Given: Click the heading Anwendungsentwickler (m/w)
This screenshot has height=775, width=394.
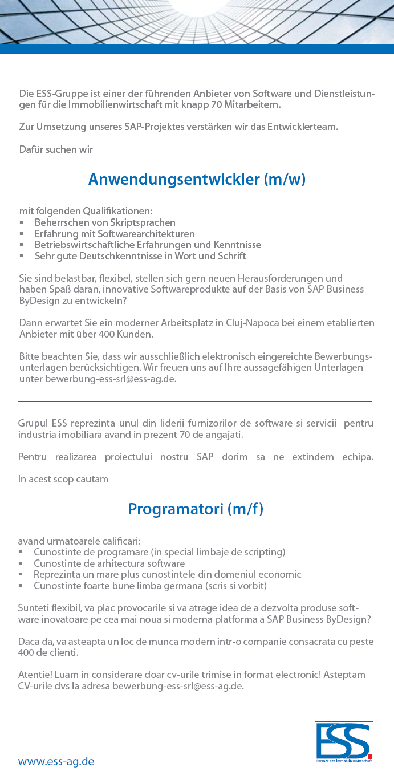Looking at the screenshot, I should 197,180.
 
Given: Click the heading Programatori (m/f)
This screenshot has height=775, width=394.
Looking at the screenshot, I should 196,509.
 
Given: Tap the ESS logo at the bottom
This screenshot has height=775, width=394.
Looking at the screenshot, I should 344,743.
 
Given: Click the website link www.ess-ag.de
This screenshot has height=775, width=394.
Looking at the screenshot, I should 56,761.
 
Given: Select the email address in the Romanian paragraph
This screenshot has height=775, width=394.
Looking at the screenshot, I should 178,686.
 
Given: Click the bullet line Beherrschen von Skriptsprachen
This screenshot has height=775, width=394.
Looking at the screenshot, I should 105,222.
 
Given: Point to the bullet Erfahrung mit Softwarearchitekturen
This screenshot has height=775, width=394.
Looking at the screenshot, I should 115,234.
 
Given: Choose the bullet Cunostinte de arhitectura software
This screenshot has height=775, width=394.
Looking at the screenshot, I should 109,563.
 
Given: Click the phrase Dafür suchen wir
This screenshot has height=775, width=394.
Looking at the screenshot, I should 56,149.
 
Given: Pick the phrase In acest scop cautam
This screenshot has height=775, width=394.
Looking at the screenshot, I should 63,479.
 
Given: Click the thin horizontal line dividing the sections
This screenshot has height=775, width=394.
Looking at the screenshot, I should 195,401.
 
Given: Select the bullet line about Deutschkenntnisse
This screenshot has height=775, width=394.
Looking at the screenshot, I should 140,256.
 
